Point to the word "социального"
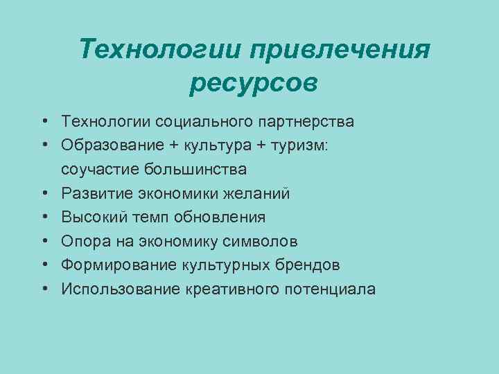point(214,122)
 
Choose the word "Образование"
point(110,145)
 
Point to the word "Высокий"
point(91,217)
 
